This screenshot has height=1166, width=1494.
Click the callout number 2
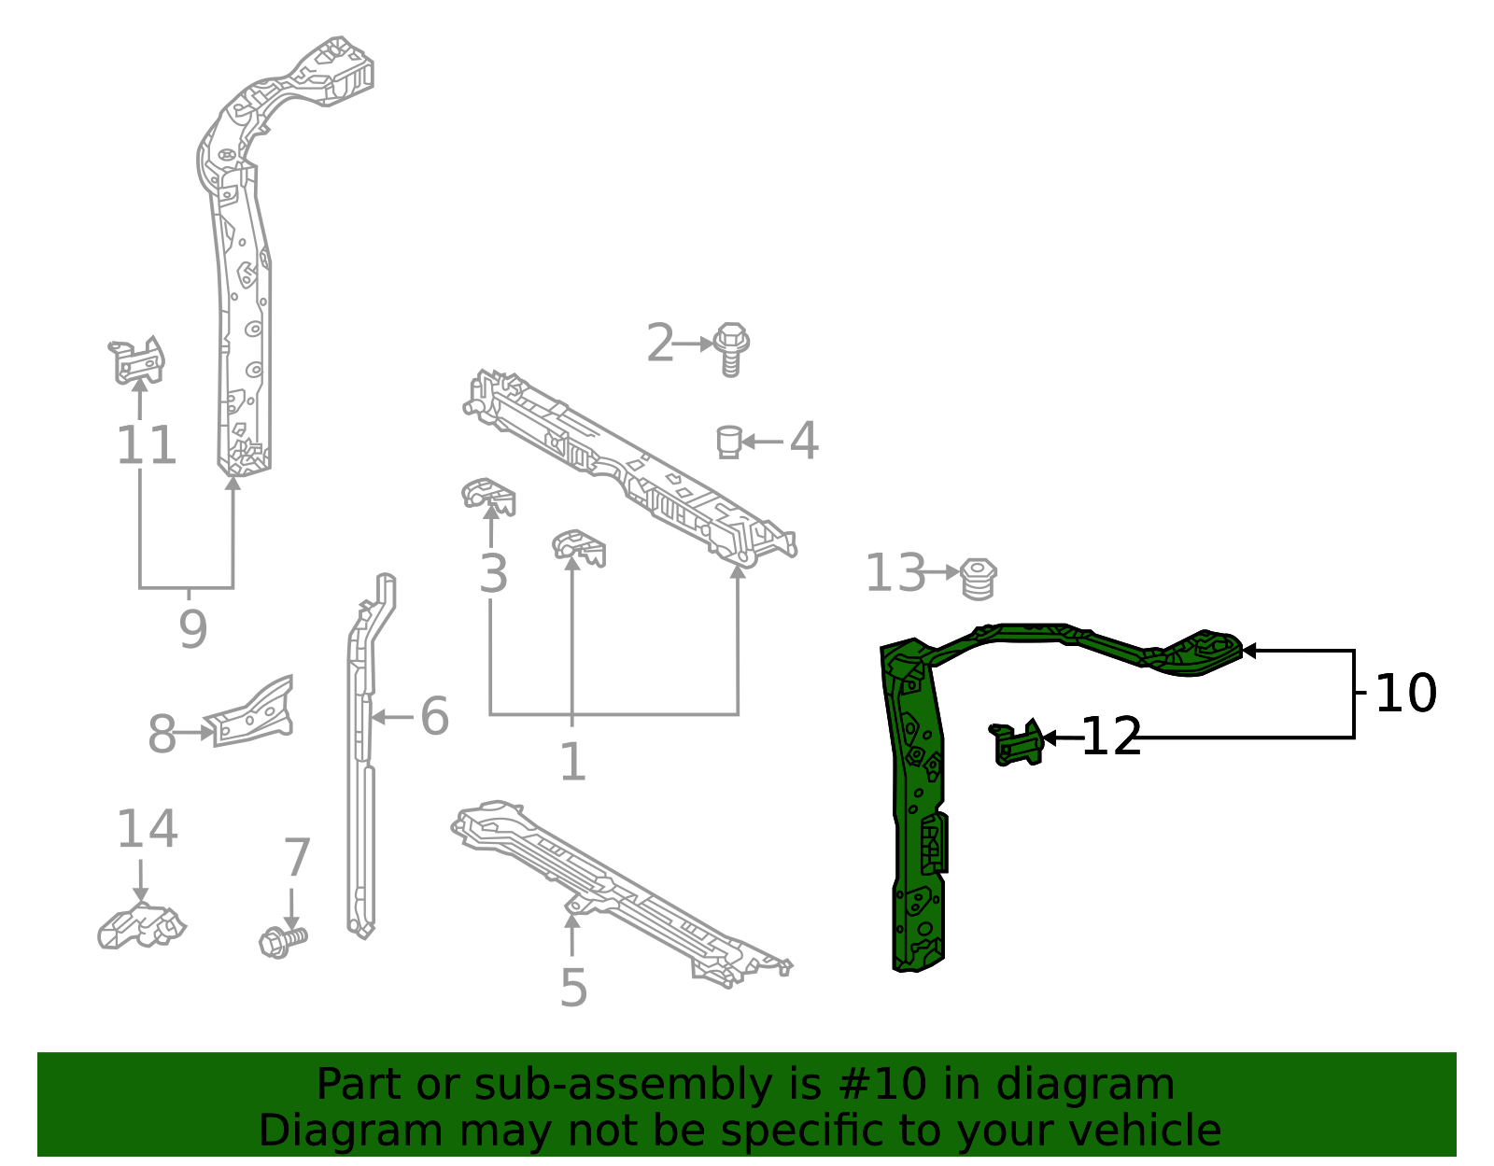[660, 344]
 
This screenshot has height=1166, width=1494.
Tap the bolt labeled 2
[731, 348]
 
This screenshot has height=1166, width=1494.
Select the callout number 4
[804, 441]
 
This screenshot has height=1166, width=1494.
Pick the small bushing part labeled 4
[729, 441]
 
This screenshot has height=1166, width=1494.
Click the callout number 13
[895, 573]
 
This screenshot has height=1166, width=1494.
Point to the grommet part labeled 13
[978, 577]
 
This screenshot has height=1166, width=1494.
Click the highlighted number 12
[1111, 738]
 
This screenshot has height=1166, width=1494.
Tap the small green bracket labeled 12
[1018, 743]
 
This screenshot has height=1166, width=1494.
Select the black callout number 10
[1405, 694]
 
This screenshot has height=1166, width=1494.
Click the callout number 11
[147, 445]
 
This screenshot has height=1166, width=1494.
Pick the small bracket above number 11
[137, 361]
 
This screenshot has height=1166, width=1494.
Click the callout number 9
[192, 629]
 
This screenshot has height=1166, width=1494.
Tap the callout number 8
[162, 736]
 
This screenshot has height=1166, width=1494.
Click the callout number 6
[434, 717]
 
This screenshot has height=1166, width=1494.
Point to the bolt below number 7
[281, 940]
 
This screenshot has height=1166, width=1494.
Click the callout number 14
[147, 829]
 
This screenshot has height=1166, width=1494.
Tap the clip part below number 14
[141, 926]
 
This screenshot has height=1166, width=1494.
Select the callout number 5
[573, 988]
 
